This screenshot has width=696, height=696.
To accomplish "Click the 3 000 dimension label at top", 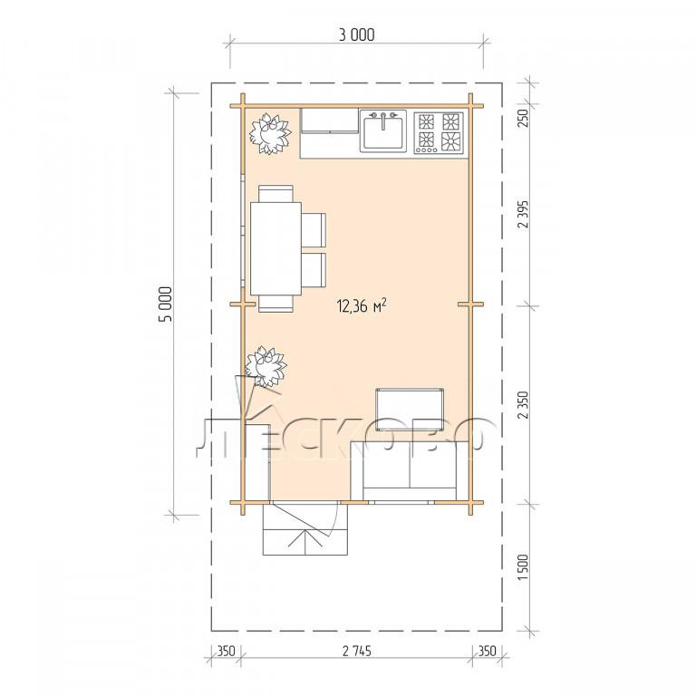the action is (x=356, y=34).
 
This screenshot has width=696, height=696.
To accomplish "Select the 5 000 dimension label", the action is (x=165, y=304).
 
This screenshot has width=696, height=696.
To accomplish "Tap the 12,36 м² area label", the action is (x=362, y=305).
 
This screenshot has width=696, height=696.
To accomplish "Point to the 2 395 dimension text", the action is (x=523, y=214).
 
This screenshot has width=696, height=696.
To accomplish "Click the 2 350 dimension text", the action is (x=523, y=404).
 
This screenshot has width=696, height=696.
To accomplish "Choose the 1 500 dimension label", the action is (x=523, y=566).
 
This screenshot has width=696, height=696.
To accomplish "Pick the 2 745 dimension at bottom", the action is (x=357, y=652).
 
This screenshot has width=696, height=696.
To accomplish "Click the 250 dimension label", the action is (x=523, y=118).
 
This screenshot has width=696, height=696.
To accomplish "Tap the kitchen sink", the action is (x=382, y=130).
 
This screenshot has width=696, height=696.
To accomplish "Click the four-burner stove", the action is (x=439, y=132).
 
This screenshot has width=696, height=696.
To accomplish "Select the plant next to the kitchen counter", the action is (x=269, y=133).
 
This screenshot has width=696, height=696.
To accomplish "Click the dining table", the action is (x=275, y=248).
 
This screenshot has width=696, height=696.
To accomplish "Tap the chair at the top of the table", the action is (x=275, y=194).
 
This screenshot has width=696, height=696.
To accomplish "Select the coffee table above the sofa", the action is (x=410, y=410).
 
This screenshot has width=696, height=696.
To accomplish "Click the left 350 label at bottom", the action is (x=226, y=652).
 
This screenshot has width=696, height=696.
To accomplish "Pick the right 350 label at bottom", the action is (x=487, y=652).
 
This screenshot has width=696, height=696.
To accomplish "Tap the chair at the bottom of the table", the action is (x=275, y=304).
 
